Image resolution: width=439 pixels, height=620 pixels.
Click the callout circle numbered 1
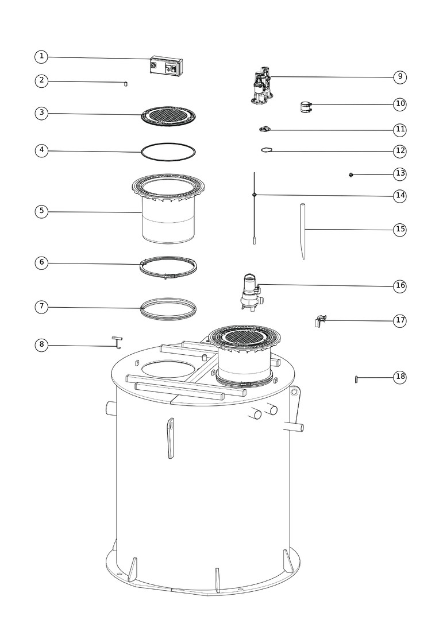41,56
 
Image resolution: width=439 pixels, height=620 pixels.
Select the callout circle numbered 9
400,76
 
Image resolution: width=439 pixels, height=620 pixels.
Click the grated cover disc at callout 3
168,116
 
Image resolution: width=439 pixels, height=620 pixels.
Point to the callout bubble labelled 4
41,150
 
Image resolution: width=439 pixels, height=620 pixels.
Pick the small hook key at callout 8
117,342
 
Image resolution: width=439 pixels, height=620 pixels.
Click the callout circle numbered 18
400,377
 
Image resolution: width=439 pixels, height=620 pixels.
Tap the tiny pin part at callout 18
356,379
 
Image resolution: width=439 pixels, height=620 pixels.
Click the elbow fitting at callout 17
320,321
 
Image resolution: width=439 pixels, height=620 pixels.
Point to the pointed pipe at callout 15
303,231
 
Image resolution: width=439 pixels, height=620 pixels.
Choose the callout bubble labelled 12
400,150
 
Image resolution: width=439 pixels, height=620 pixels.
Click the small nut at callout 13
351,175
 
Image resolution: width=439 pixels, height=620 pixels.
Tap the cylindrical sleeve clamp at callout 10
306,107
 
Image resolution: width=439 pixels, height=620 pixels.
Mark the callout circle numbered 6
41,262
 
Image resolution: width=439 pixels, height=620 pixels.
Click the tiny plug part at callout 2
125,83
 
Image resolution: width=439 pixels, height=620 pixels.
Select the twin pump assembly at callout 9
261,86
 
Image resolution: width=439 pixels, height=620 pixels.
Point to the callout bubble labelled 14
400,195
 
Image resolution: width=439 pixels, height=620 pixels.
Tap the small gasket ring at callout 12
267,150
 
